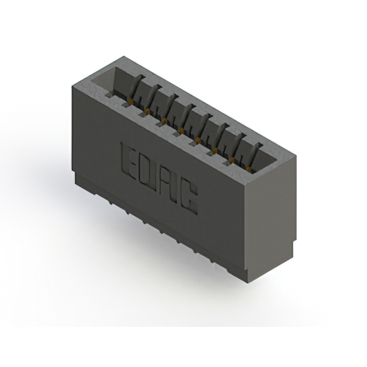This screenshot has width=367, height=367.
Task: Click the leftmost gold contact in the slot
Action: [132, 101]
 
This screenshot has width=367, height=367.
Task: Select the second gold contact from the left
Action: [149, 111]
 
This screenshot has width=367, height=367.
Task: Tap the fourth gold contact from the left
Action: [181, 131]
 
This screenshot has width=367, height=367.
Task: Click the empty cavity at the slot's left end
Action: [115, 81]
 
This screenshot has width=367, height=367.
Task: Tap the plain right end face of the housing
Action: [272, 218]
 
